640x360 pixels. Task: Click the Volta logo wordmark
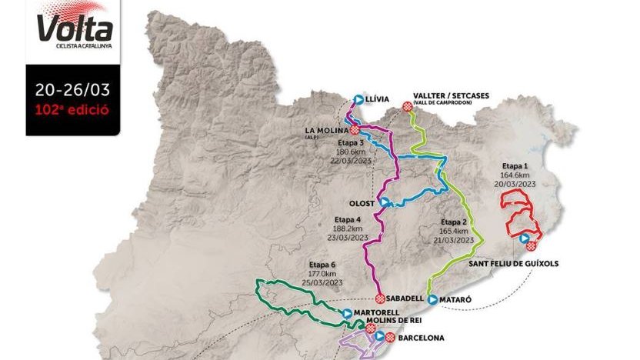pos(75,30)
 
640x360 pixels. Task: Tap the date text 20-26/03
pos(72,89)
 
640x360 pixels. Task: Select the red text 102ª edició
pos(72,108)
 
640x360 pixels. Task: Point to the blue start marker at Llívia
pos(358,99)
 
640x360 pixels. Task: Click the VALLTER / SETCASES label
pos(451,96)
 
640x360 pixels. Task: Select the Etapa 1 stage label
pos(515,165)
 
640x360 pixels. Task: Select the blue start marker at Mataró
pos(432,298)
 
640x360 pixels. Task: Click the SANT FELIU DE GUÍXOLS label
pos(513,263)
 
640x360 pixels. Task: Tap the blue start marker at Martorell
pos(347,313)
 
